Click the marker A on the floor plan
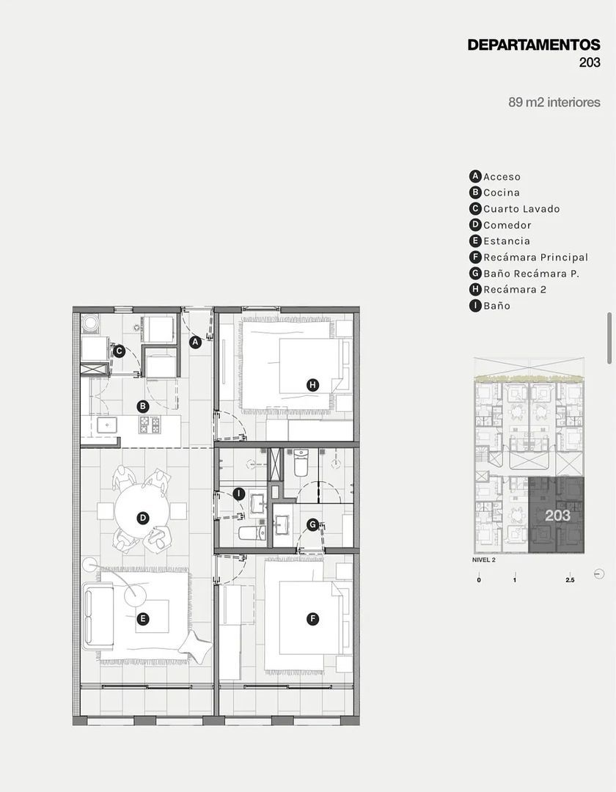(x=195, y=342)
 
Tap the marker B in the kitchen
(x=143, y=406)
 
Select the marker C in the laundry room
(x=119, y=351)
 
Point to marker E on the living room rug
(x=143, y=619)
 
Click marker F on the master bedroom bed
(x=313, y=619)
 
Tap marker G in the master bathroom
(x=313, y=525)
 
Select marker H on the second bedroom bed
(x=313, y=386)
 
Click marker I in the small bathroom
(x=239, y=494)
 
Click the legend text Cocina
(x=502, y=193)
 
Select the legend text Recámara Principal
(x=536, y=257)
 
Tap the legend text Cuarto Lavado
(x=521, y=209)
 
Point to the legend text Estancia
(x=507, y=241)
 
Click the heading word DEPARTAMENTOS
(x=534, y=45)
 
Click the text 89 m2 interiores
(x=554, y=102)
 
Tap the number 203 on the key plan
(x=557, y=516)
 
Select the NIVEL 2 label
(x=484, y=560)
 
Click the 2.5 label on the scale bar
(x=570, y=580)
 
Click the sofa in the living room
(x=99, y=616)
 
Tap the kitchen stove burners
(x=150, y=425)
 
